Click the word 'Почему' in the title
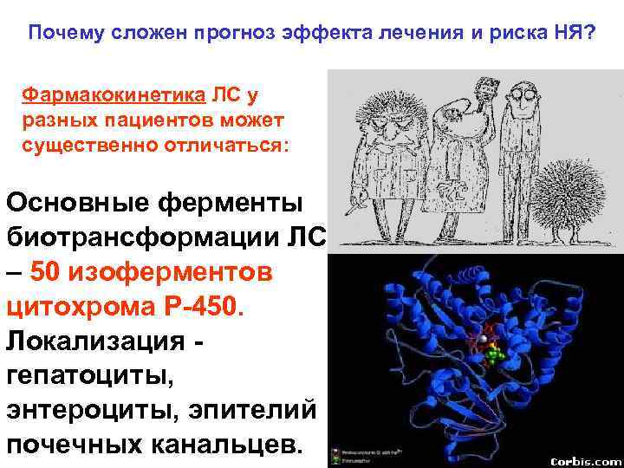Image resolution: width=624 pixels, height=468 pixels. (63, 33)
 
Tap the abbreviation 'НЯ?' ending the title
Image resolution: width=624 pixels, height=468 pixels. (577, 33)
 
